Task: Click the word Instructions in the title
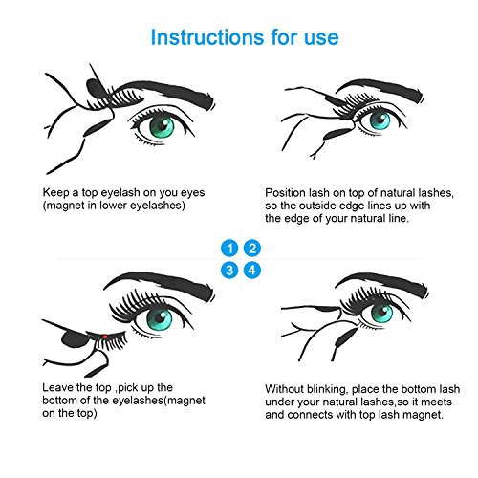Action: tap(207, 37)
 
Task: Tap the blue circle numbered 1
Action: tap(229, 249)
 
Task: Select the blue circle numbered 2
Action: tap(252, 249)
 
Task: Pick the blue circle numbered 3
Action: tap(229, 271)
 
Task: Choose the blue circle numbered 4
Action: tap(252, 271)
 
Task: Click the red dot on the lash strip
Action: tap(104, 337)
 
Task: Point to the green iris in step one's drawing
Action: tap(163, 125)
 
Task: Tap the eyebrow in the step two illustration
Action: tap(380, 90)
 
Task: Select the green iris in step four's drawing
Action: tap(381, 314)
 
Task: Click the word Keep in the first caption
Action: tap(55, 193)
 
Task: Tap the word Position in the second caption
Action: tap(286, 193)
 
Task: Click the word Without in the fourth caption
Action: tap(284, 389)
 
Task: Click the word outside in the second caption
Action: tap(318, 206)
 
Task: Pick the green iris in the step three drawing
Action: tap(160, 319)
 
